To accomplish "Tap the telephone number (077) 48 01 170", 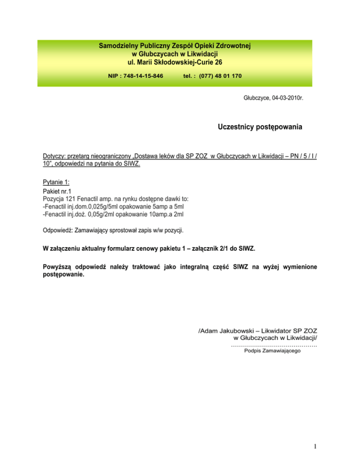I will (219, 75).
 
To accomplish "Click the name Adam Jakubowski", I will (226, 331).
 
